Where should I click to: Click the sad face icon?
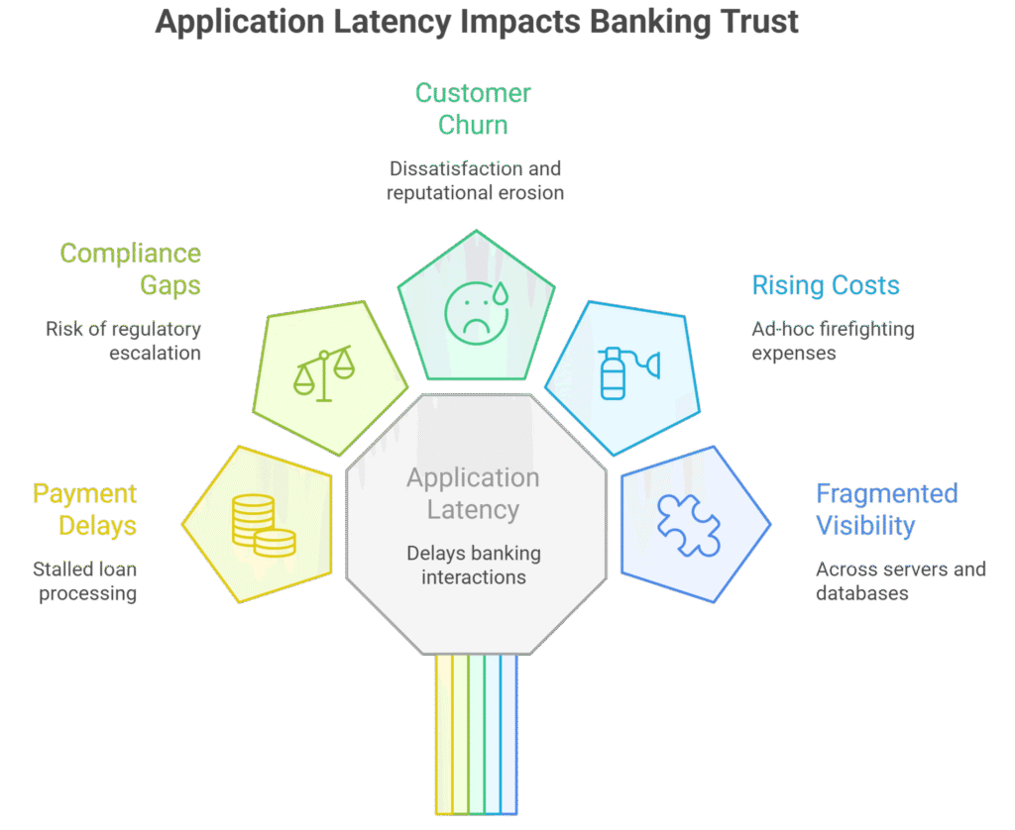(472, 312)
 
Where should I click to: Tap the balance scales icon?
(324, 372)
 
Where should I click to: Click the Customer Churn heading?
(473, 109)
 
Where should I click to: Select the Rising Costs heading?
(826, 286)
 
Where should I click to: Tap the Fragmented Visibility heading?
(887, 509)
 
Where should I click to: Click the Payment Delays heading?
(84, 509)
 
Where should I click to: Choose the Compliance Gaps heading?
(130, 269)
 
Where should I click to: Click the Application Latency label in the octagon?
(473, 494)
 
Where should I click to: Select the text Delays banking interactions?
(473, 565)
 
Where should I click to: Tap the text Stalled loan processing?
(84, 581)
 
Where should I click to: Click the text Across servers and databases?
(900, 581)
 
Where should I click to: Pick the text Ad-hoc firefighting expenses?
(833, 341)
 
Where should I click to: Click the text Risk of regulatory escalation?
(124, 341)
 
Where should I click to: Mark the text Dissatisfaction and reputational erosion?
(476, 180)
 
